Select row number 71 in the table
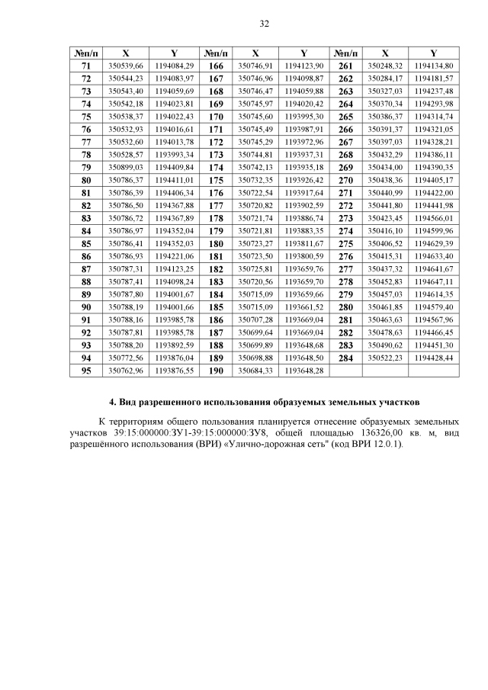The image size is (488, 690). point(86,66)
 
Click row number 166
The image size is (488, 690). point(216,66)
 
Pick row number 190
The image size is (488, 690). point(216,371)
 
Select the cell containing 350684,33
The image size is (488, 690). point(255,371)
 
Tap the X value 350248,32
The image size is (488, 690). point(385,66)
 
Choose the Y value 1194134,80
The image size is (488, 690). point(433,66)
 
